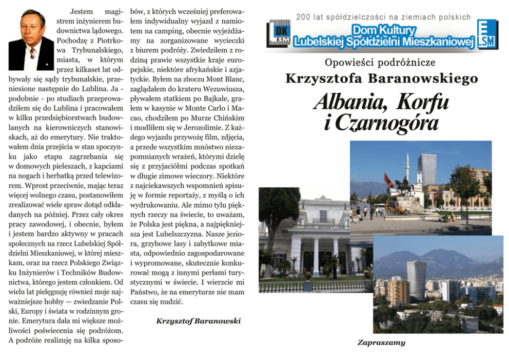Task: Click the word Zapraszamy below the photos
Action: [381, 343]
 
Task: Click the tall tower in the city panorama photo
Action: [416, 279]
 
